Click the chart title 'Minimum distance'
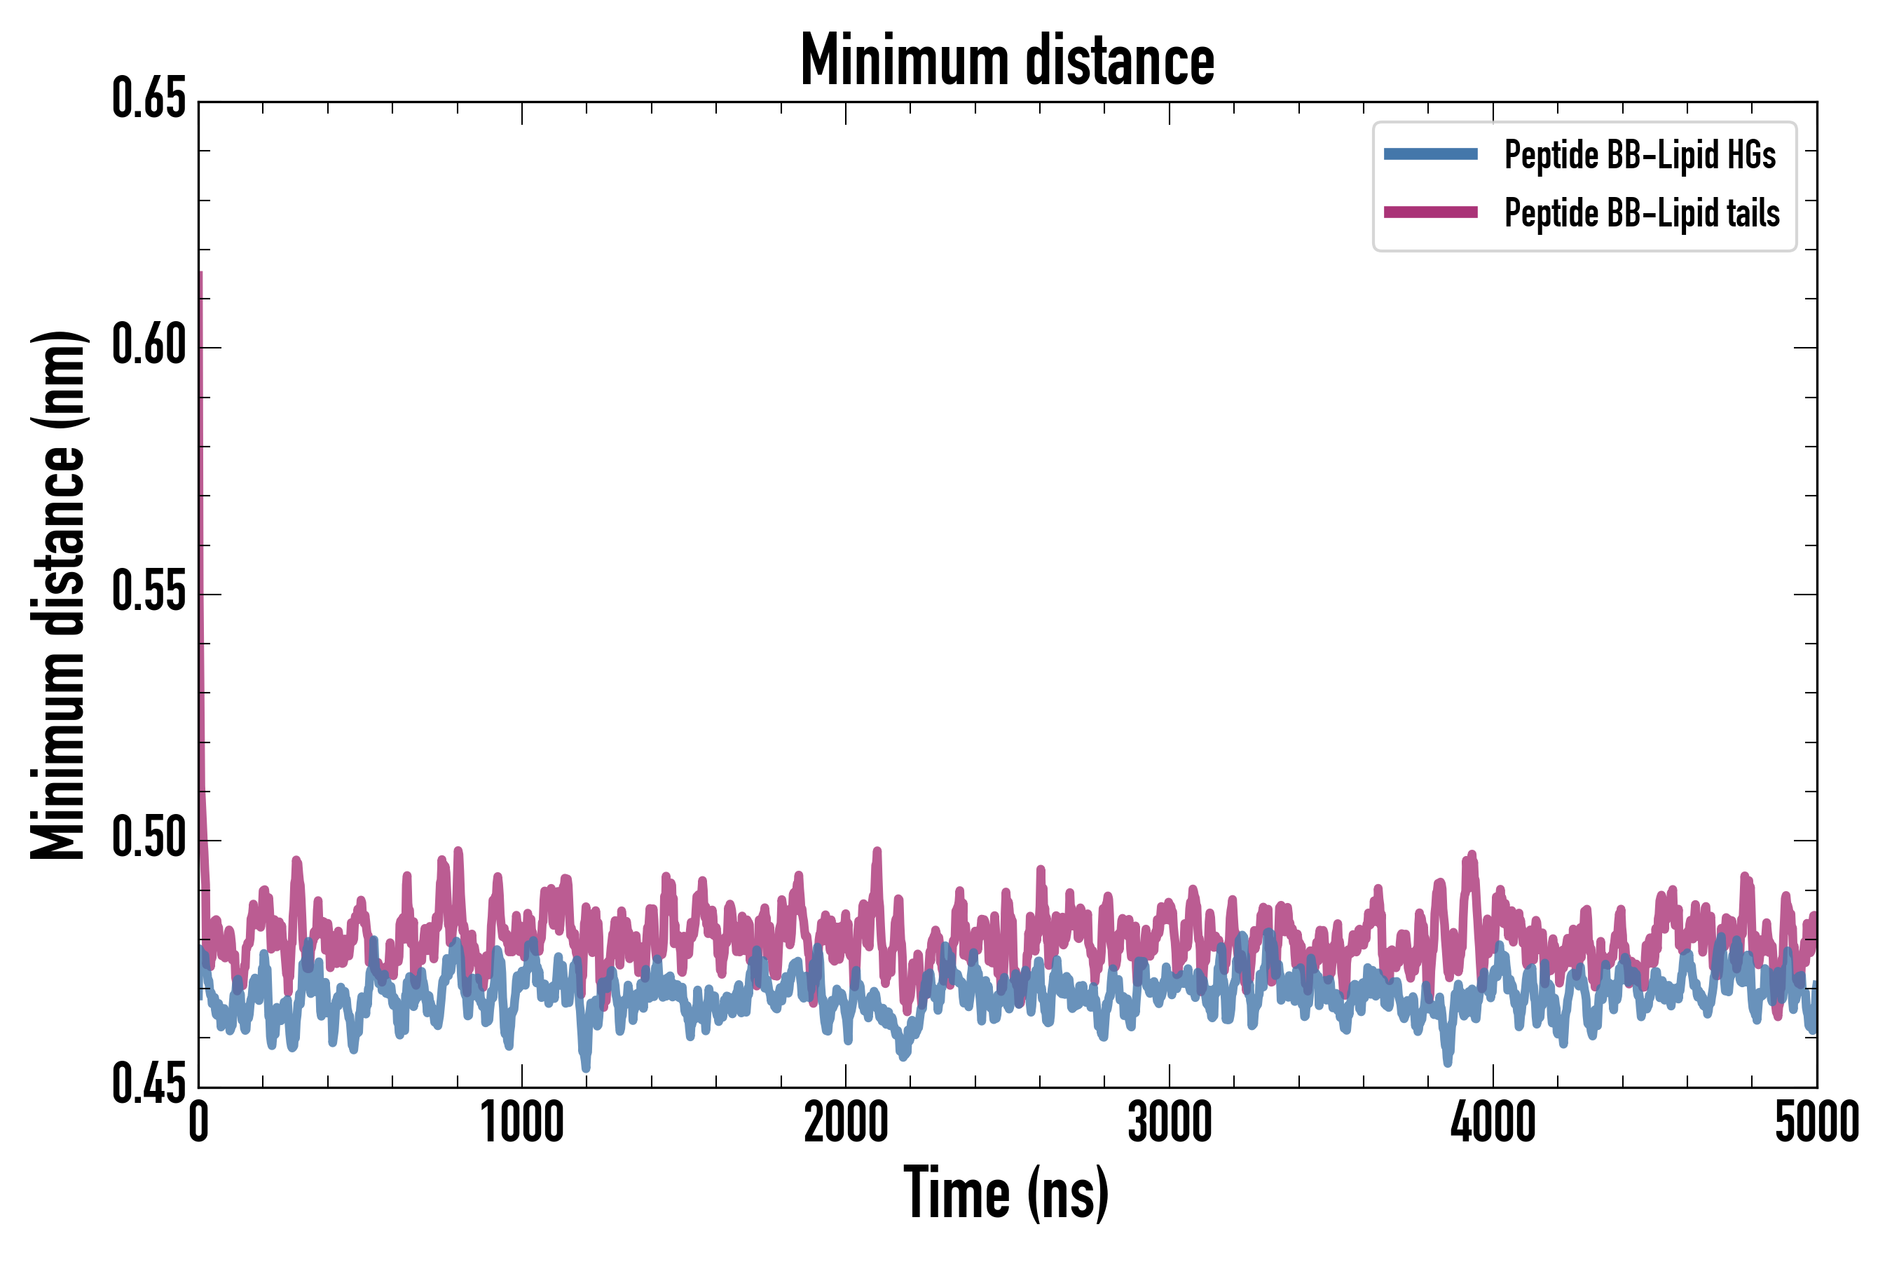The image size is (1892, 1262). click(x=1007, y=60)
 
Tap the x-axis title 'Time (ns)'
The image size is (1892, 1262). click(x=1006, y=1193)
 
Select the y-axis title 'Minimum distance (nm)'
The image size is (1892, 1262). click(x=58, y=595)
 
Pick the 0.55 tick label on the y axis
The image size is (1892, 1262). click(x=149, y=592)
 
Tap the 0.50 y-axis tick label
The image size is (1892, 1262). click(x=149, y=839)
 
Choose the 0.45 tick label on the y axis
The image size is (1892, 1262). click(x=149, y=1085)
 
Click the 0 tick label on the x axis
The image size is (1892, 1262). click(x=199, y=1122)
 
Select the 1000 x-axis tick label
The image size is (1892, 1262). click(x=522, y=1122)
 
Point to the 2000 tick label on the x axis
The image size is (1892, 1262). click(x=846, y=1122)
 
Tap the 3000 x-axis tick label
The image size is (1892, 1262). click(x=1170, y=1122)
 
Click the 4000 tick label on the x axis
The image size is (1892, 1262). click(x=1493, y=1122)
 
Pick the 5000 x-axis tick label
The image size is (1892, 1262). click(x=1816, y=1122)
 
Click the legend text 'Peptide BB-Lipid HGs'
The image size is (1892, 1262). click(x=1640, y=154)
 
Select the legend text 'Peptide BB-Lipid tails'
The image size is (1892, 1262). click(x=1642, y=213)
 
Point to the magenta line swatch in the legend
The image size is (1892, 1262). click(x=1430, y=212)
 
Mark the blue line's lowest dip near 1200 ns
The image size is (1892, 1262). click(x=586, y=1067)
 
